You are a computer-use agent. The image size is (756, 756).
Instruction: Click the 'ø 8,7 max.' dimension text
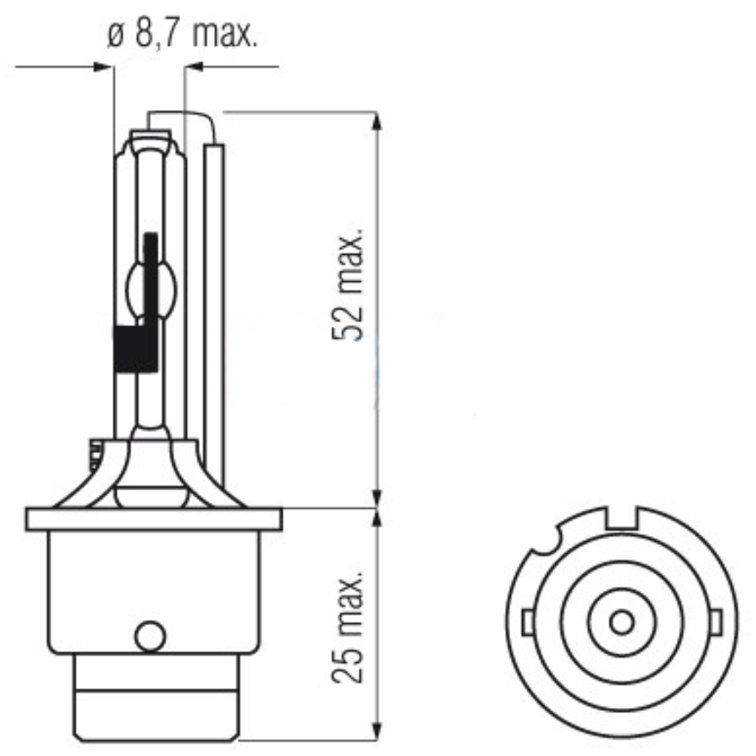(x=182, y=35)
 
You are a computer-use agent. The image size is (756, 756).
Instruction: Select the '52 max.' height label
(x=348, y=284)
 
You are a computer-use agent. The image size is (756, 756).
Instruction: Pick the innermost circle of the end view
(x=622, y=622)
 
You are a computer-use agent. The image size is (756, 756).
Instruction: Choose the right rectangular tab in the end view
(x=716, y=622)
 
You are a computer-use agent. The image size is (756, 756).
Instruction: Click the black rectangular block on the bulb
(x=136, y=348)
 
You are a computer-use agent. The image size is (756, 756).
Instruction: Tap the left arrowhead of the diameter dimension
(x=104, y=68)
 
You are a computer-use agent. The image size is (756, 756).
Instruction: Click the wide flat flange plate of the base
(x=154, y=519)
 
